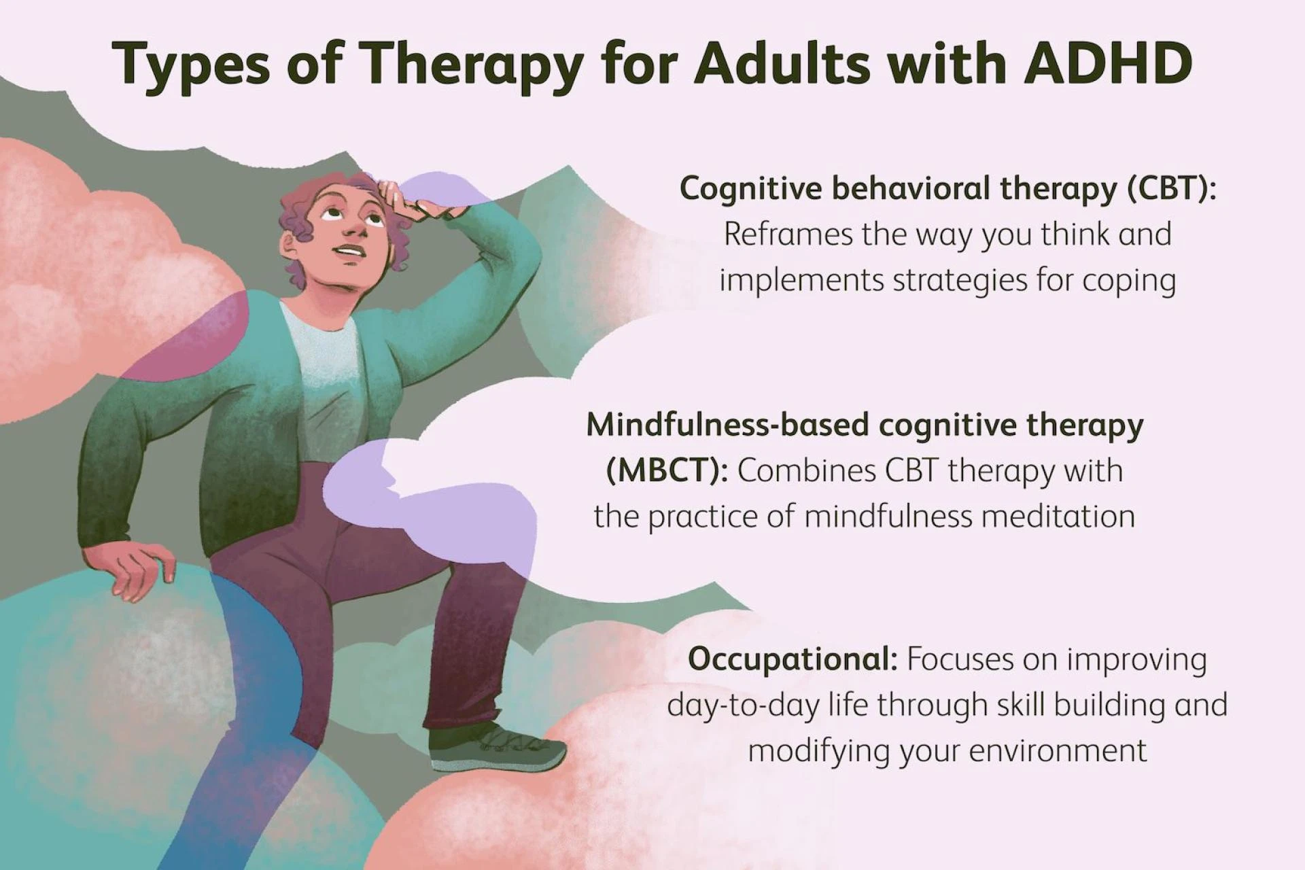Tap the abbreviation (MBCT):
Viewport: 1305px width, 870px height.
click(667, 470)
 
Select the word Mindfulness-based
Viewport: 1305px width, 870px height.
click(728, 425)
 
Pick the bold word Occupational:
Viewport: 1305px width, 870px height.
click(793, 659)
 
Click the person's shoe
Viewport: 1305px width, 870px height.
click(496, 748)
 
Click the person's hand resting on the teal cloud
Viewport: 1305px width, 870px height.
click(136, 571)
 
